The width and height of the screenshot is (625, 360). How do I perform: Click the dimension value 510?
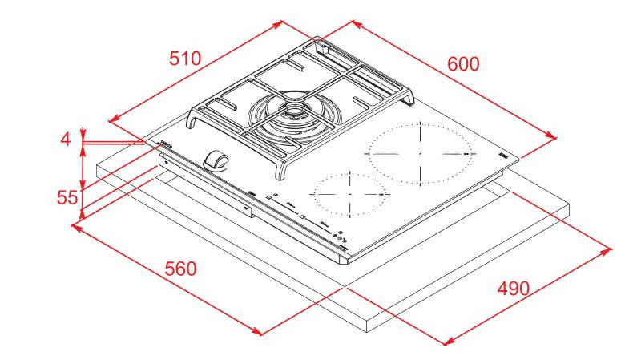pyautogui.click(x=184, y=58)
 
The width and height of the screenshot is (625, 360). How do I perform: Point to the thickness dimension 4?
pyautogui.click(x=66, y=139)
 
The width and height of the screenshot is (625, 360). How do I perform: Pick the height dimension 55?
pyautogui.click(x=67, y=196)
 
